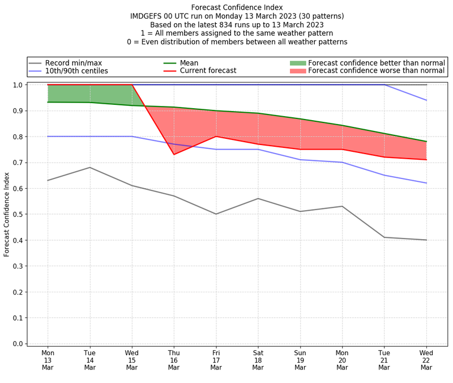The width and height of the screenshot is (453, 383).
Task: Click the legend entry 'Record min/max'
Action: pos(74,63)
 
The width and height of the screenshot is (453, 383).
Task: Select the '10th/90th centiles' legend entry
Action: pos(76,71)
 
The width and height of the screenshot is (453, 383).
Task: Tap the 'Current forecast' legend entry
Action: pos(208,71)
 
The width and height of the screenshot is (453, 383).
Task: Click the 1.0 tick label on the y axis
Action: pos(18,85)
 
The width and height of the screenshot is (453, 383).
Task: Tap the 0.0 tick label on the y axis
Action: pos(18,343)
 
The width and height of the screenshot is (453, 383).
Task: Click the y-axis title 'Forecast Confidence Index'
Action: pos(7,214)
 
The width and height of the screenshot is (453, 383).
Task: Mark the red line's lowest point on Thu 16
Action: pos(174,154)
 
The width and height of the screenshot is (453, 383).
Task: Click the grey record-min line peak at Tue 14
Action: pos(90,167)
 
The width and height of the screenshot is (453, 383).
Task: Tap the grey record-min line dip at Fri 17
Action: pos(216,214)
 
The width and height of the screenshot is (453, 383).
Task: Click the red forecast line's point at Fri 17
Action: pos(216,136)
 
